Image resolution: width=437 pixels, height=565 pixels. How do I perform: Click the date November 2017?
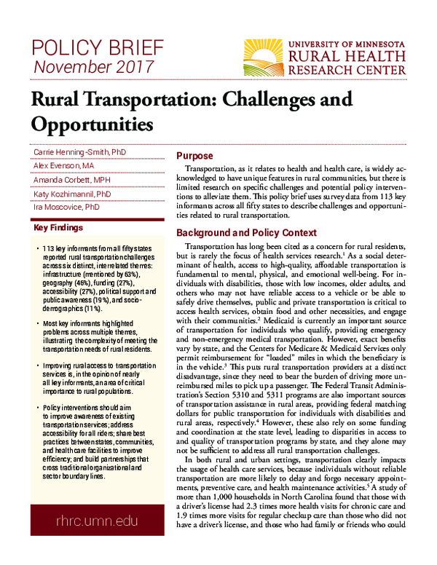coord(91,68)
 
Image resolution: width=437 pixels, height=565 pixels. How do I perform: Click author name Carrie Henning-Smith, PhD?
coord(79,151)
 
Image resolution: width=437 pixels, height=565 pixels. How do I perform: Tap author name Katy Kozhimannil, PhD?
coord(72,194)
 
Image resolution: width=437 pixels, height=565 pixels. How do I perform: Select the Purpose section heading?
coord(195,157)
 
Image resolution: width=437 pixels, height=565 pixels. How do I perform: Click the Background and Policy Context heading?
coord(247,233)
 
